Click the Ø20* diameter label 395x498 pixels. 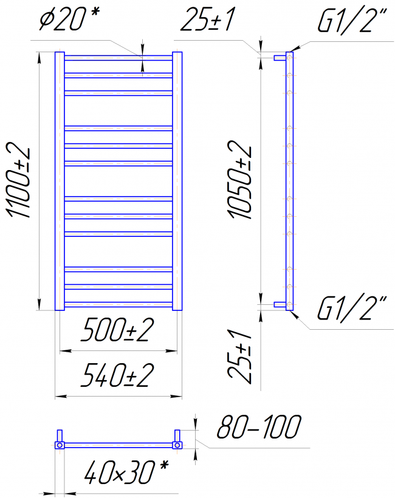pos(70,19)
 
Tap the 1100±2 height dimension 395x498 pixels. pos(19,180)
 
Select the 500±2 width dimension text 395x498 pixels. pos(117,329)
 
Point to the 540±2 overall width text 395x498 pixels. pos(117,375)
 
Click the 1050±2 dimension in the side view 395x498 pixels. pos(240,180)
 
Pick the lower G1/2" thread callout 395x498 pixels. pos(352,309)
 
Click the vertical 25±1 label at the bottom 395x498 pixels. pos(240,356)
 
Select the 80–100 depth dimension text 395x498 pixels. pos(259,426)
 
